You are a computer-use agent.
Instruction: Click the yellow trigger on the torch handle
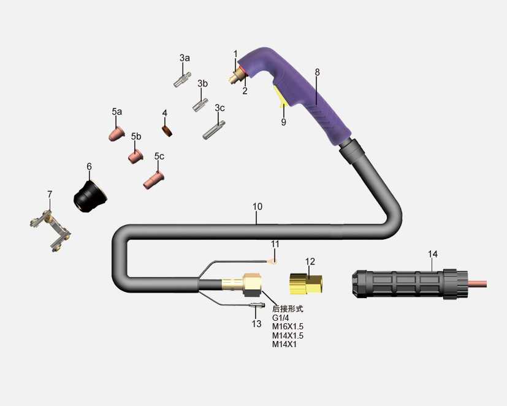coord(280,96)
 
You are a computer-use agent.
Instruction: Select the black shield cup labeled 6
coord(90,197)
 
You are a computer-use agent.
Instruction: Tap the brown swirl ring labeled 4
coord(167,131)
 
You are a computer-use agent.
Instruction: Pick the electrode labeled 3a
coord(182,80)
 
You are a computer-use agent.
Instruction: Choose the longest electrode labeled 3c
coord(214,130)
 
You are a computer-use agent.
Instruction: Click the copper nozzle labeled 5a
coord(116,134)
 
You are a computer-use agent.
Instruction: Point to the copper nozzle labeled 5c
coord(154,180)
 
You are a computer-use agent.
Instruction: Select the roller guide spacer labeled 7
coord(50,231)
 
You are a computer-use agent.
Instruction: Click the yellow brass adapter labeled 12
coord(305,284)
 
